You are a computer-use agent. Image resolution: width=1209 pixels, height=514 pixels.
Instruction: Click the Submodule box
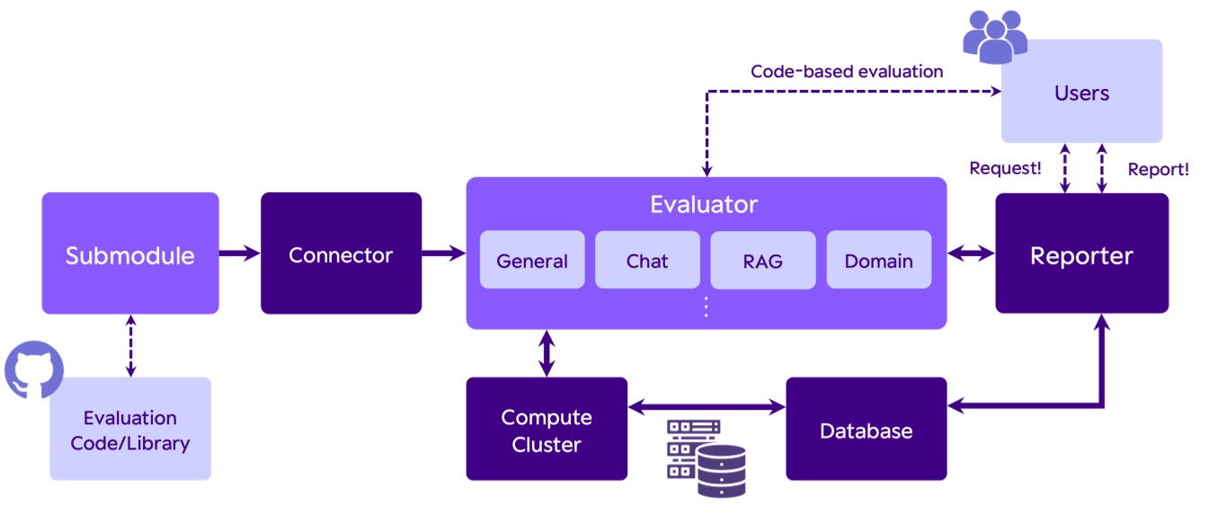click(x=130, y=253)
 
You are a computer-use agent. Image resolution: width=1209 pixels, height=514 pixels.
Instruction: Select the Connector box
click(x=341, y=253)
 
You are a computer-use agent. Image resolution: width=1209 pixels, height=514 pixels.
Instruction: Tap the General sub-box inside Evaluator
click(x=532, y=261)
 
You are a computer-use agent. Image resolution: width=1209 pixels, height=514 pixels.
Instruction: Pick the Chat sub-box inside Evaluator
click(x=647, y=261)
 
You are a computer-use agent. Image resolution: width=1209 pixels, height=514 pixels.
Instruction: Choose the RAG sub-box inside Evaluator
click(x=763, y=261)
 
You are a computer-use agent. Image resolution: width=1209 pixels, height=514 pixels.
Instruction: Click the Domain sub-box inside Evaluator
click(x=878, y=261)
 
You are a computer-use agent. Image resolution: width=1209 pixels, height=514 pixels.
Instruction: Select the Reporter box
click(x=1081, y=253)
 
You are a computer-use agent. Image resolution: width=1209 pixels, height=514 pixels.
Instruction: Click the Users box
click(x=1081, y=92)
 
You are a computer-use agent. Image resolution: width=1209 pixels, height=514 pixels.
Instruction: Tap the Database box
click(x=866, y=430)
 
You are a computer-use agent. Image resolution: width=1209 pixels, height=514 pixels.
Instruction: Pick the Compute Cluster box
click(x=547, y=430)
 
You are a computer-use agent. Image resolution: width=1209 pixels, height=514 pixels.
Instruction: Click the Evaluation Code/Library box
click(x=130, y=430)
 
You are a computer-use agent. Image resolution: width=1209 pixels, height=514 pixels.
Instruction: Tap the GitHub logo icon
click(x=34, y=369)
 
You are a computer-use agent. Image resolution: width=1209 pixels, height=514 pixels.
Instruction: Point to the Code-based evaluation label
click(x=847, y=71)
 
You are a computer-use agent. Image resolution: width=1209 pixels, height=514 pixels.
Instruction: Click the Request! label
click(x=1005, y=168)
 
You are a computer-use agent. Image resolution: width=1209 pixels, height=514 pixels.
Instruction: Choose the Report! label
click(x=1158, y=168)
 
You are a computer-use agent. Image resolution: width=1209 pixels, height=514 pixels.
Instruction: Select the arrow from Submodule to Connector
click(x=240, y=253)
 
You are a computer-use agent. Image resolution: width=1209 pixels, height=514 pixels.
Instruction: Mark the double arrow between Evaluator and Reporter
click(x=971, y=254)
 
